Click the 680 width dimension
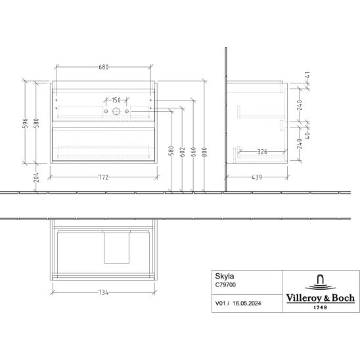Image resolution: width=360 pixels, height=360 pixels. (x=104, y=67)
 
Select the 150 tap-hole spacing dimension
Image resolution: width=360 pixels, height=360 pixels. (x=116, y=100)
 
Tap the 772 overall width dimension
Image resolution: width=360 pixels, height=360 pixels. (x=104, y=177)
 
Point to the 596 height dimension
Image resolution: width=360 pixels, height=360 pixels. (x=25, y=123)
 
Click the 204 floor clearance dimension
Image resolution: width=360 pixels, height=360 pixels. (x=37, y=177)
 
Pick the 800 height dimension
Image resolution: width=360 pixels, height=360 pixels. (x=204, y=152)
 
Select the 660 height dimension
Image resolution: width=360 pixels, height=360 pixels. (x=193, y=152)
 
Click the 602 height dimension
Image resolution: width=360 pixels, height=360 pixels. (x=182, y=152)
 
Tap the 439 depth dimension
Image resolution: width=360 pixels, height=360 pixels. (x=257, y=177)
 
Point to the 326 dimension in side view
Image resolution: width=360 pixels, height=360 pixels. (x=262, y=152)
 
